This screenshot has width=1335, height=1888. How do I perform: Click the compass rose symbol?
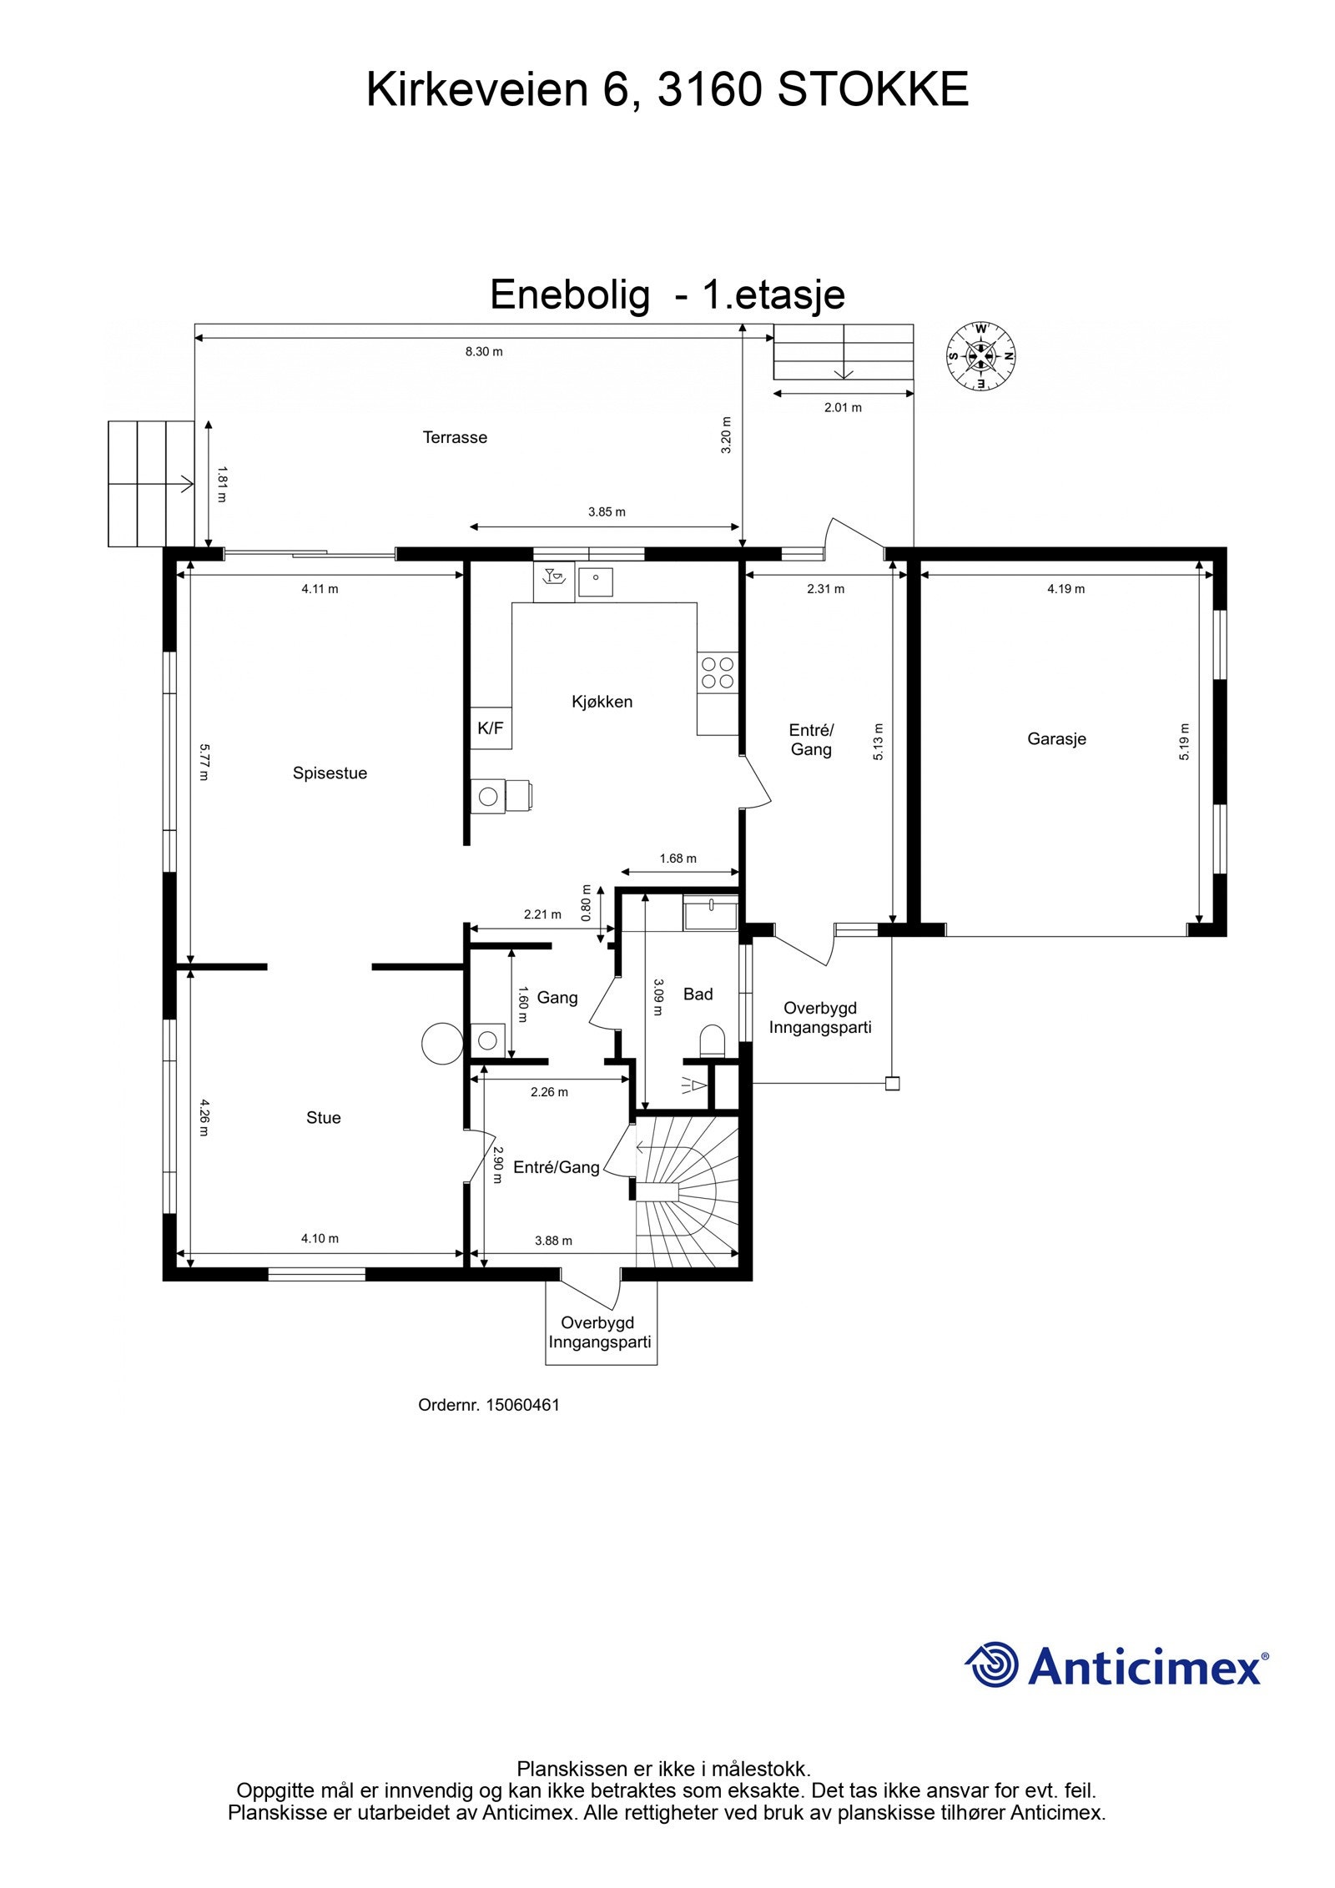coord(981,355)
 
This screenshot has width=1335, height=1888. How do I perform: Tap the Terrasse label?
coord(455,437)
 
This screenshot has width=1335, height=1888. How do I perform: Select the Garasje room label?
coord(1056,738)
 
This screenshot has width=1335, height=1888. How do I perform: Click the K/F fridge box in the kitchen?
coord(491,728)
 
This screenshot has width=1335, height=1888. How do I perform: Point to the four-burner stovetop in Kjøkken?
coord(718,672)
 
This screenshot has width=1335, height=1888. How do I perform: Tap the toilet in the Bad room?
coord(713,1041)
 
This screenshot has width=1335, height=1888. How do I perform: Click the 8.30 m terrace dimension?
coord(484,351)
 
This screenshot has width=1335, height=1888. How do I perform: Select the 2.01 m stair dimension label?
coord(843,407)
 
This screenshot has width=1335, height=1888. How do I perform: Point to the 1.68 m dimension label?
coord(678,858)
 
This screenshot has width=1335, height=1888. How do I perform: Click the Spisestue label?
coord(330,773)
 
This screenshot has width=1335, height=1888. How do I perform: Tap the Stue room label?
coord(323,1117)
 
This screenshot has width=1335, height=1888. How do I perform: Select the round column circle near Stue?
coord(441,1043)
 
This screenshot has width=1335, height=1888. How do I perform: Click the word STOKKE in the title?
coord(873,89)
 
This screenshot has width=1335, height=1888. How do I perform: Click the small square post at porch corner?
coord(892,1084)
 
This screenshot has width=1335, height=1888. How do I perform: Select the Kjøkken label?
coord(602,702)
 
